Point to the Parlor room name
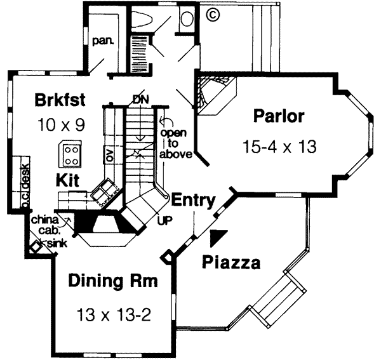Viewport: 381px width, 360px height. (x=278, y=117)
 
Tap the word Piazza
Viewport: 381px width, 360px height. (x=229, y=262)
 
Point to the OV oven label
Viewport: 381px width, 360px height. (x=109, y=155)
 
